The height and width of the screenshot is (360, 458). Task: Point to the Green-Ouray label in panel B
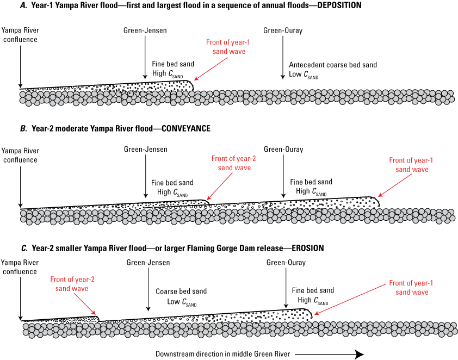tap(283, 150)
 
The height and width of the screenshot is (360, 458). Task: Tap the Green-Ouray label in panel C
tap(286, 263)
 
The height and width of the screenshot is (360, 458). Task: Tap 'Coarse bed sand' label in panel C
tap(174, 291)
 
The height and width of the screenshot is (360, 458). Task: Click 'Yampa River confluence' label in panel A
tap(20, 35)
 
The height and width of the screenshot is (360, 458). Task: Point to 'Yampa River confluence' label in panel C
tap(20, 266)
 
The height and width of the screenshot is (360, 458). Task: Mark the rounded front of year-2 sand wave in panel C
tap(97, 318)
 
